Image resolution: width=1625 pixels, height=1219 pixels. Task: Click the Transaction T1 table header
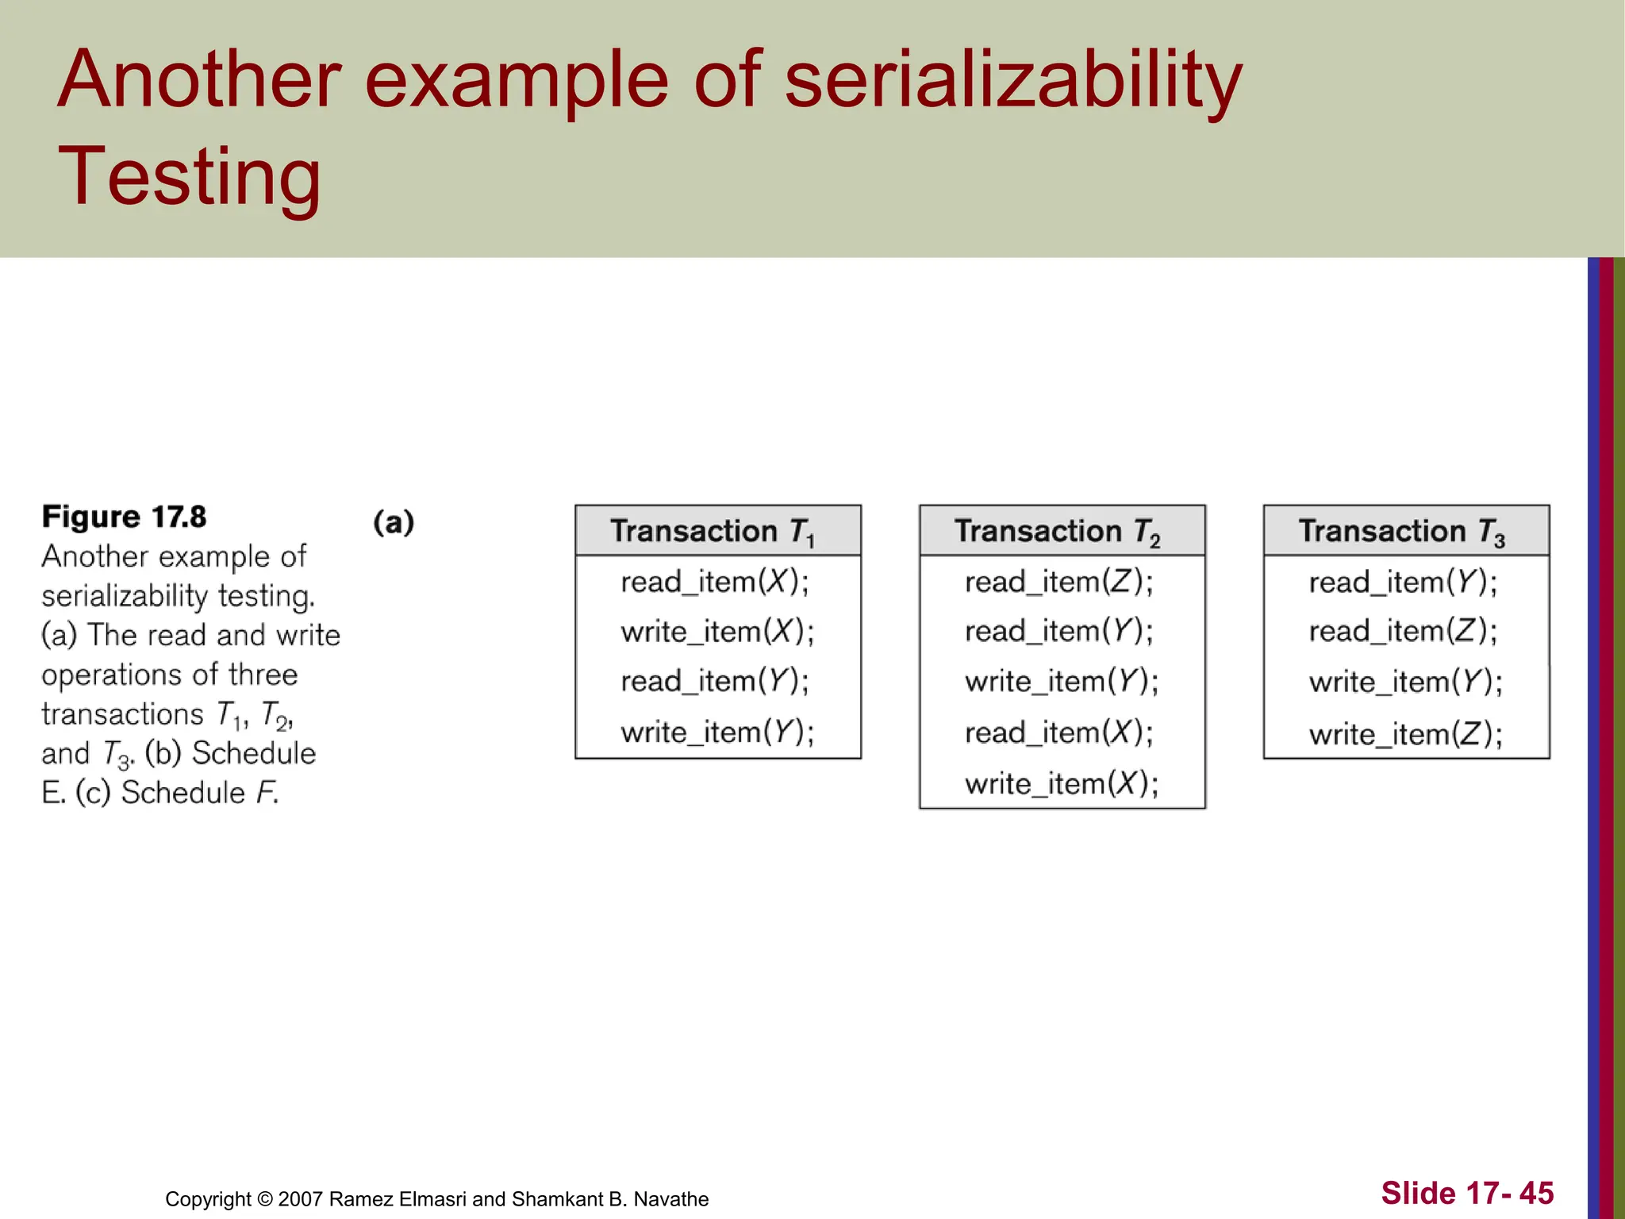pyautogui.click(x=717, y=531)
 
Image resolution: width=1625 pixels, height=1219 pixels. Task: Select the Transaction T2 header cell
pyautogui.click(x=1062, y=531)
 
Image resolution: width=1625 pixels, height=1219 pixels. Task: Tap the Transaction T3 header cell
pyautogui.click(x=1405, y=531)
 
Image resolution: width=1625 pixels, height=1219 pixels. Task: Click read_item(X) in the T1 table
pyautogui.click(x=715, y=582)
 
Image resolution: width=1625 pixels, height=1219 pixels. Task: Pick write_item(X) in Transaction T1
pyautogui.click(x=717, y=632)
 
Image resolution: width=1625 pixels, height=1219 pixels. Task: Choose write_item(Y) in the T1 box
pyautogui.click(x=717, y=732)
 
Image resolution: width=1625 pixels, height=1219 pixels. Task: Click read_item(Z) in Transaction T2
pyautogui.click(x=1058, y=582)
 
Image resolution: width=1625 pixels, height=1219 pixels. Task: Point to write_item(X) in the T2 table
pyautogui.click(x=1062, y=783)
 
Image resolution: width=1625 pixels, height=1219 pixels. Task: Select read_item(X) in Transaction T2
pyautogui.click(x=1058, y=732)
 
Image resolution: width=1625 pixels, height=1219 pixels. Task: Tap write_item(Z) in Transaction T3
pyautogui.click(x=1405, y=733)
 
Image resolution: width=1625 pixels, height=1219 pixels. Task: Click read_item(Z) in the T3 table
pyautogui.click(x=1403, y=632)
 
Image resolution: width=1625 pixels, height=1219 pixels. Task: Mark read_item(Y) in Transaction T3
pyautogui.click(x=1403, y=582)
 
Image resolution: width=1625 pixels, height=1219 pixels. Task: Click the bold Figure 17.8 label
pyautogui.click(x=124, y=517)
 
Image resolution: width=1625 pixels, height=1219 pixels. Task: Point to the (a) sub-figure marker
pyautogui.click(x=394, y=522)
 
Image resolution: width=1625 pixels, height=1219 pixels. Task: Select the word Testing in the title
pyautogui.click(x=189, y=176)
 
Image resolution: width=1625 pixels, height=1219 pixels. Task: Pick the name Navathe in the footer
pyautogui.click(x=670, y=1199)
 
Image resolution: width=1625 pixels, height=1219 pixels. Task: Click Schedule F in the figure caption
pyautogui.click(x=199, y=792)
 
